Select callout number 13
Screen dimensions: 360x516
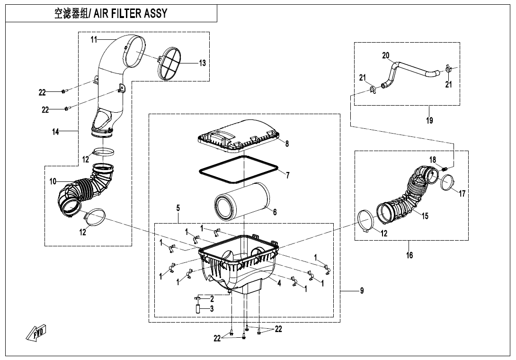tap(202, 63)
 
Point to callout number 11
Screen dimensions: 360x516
tap(94, 40)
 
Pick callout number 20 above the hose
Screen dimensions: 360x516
tap(386, 55)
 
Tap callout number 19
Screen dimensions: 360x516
tap(429, 120)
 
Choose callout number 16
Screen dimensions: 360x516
tap(409, 255)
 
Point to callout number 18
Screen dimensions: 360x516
tap(433, 160)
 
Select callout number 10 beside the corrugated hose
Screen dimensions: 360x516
tap(53, 181)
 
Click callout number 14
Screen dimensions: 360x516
tap(56, 132)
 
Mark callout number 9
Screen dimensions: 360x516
tap(362, 291)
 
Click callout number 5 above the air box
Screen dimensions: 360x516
tap(178, 207)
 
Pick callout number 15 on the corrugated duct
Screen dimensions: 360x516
tap(425, 216)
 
